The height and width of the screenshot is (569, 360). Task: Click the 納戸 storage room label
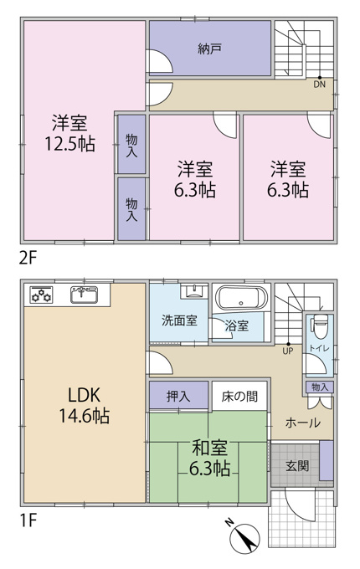point(210,49)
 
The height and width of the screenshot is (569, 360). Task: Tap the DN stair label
point(319,85)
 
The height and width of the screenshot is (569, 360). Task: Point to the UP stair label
point(287,351)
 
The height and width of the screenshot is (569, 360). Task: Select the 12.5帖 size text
point(69,144)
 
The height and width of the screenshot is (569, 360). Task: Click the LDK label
point(85,395)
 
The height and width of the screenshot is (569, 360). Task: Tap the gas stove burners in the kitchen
point(41,294)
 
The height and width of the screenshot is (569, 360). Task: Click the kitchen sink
point(85,295)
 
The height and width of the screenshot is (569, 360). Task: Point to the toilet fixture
point(320,324)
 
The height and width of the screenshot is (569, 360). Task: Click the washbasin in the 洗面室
point(193,290)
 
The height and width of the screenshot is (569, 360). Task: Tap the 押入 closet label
point(178,396)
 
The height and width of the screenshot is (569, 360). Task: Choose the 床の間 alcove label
point(239,397)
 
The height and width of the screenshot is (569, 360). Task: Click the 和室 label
point(209,448)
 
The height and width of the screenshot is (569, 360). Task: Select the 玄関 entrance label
point(297,465)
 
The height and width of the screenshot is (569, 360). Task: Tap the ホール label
point(303,423)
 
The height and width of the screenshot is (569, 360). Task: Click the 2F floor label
point(28,259)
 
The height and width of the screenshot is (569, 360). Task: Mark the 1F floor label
point(28,520)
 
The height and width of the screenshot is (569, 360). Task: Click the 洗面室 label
point(179,320)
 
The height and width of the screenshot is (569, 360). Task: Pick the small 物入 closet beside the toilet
point(319,387)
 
